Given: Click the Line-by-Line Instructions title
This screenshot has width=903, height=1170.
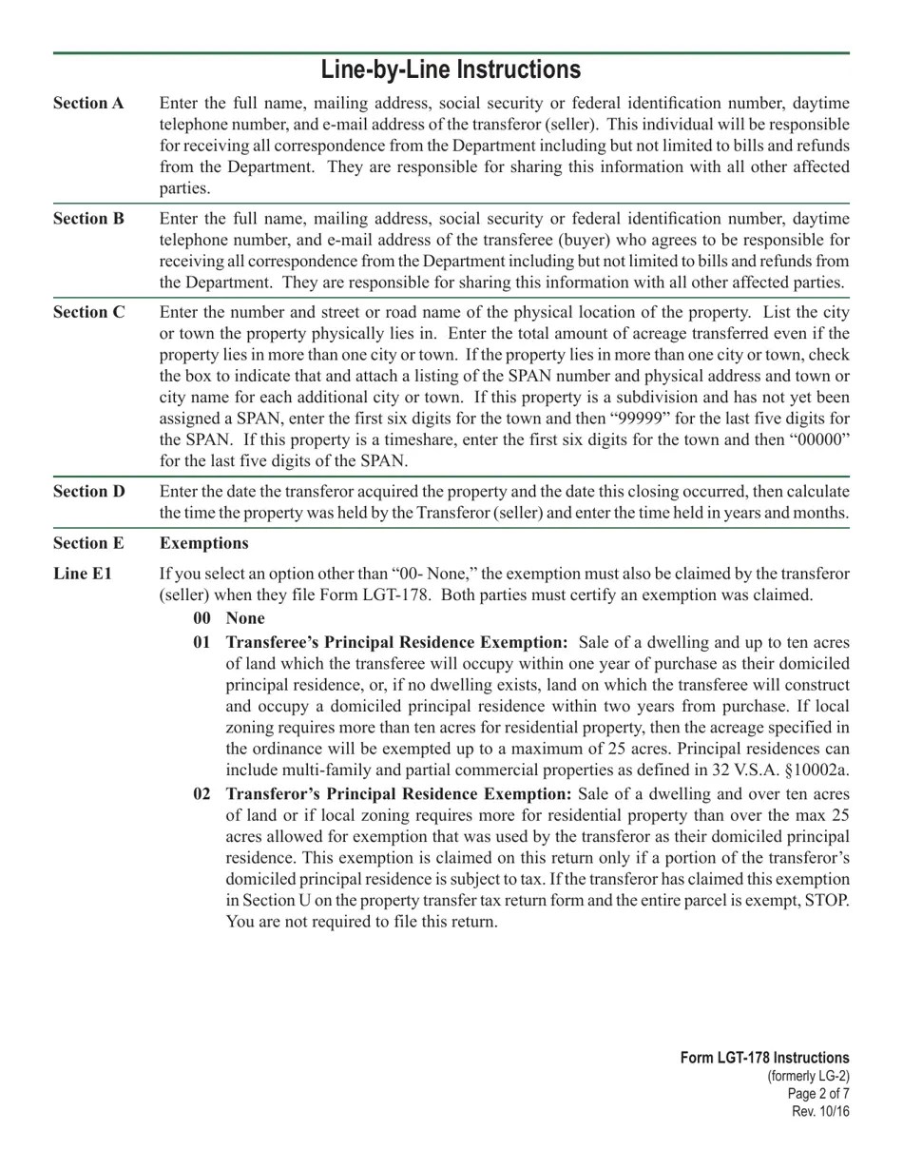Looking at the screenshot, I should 451,70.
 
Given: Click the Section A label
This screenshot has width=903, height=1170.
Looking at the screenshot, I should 88,104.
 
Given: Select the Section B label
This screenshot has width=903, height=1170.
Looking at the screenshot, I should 88,219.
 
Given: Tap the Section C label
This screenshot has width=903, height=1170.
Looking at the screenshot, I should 88,312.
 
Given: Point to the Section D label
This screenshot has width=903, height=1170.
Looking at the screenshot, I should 88,492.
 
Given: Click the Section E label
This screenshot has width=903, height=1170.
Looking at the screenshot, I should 88,543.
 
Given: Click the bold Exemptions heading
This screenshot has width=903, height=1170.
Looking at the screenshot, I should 203,543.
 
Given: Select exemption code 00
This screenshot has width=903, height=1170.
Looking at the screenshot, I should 202,618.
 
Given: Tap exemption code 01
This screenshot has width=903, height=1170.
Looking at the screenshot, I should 202,642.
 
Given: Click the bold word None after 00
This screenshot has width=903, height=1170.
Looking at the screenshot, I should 245,618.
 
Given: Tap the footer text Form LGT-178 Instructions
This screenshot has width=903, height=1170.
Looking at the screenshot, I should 764,1058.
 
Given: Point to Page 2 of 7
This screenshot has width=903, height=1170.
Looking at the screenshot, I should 818,1094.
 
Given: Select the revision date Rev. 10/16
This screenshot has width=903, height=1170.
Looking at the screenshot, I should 820,1112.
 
